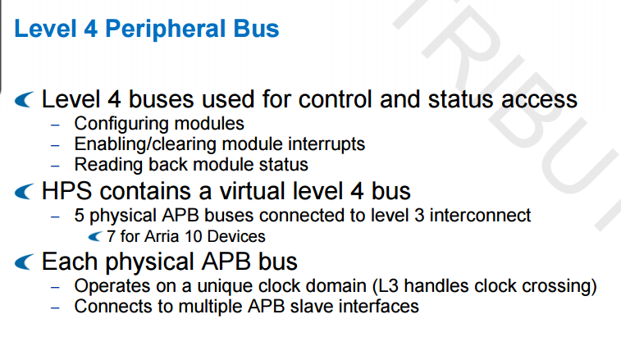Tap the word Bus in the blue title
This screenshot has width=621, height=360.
(256, 29)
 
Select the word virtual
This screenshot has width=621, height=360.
(253, 191)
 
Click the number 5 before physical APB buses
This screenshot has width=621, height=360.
(79, 216)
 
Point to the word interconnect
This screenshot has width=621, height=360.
(480, 216)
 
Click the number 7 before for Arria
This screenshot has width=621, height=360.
(111, 236)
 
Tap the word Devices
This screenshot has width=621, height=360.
(236, 236)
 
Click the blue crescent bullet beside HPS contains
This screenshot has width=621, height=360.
(24, 192)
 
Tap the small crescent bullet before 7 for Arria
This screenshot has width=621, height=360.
(95, 237)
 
